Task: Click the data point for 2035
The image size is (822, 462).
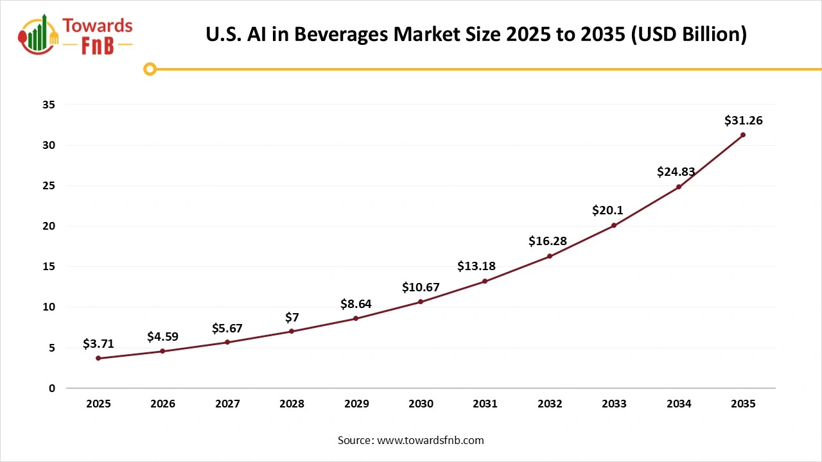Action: click(743, 135)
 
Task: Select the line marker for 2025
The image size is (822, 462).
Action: click(98, 358)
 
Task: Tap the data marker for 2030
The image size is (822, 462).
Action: click(421, 302)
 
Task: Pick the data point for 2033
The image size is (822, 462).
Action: click(614, 225)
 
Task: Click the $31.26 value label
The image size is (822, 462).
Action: click(743, 120)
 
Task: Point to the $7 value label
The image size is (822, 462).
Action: click(292, 317)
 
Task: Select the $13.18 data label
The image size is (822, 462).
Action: click(476, 266)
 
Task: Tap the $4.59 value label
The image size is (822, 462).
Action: click(162, 336)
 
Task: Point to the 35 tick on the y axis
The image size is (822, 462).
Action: click(48, 105)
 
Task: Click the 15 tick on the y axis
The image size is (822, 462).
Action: click(48, 267)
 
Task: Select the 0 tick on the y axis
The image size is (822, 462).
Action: click(51, 388)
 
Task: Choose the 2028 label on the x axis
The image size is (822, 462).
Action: click(292, 404)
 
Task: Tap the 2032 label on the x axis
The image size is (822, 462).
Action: click(550, 404)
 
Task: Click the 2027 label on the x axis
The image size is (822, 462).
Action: click(227, 404)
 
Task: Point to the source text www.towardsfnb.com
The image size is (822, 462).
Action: click(430, 440)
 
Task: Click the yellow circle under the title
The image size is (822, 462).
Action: click(150, 69)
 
